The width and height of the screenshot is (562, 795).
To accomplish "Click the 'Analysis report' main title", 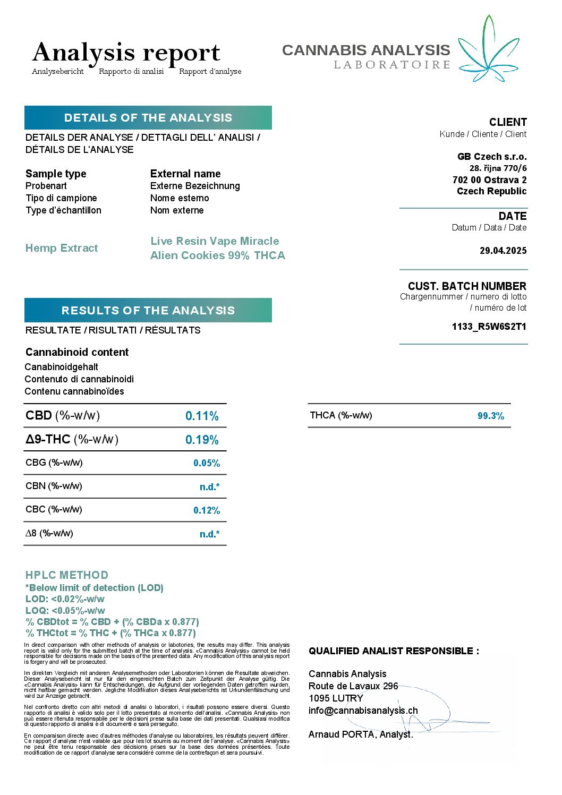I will tap(126, 53).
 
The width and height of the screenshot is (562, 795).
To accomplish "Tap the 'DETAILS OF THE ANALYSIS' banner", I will tap(148, 118).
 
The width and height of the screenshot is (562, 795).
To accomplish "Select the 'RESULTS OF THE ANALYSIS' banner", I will tap(148, 310).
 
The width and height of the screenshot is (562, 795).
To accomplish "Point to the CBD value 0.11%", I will tap(202, 416).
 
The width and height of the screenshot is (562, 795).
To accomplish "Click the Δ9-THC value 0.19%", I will tap(202, 440).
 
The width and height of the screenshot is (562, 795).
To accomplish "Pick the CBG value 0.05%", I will tap(207, 463).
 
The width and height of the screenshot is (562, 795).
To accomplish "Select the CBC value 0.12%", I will tap(207, 510).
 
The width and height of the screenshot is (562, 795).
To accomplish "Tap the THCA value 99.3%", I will tap(491, 416).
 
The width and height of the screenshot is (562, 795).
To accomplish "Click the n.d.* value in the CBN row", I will tap(209, 486).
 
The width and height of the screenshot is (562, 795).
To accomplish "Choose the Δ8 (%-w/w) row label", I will tap(49, 533).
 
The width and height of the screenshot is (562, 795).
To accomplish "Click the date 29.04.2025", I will tap(503, 251).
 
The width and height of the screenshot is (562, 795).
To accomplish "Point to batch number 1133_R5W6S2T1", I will tap(489, 327).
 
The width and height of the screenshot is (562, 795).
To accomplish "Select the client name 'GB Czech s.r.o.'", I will tap(492, 157).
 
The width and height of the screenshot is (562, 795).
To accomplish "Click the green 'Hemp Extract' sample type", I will tap(62, 248).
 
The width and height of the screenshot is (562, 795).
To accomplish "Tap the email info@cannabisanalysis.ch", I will tap(363, 711).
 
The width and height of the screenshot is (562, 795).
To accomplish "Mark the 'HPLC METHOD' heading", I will tap(67, 575).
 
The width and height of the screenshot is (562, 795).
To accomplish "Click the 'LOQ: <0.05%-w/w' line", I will tap(65, 611).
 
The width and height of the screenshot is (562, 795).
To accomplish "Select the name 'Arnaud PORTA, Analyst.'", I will tap(361, 734).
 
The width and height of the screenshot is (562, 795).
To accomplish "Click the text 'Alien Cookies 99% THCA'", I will tap(218, 255).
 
